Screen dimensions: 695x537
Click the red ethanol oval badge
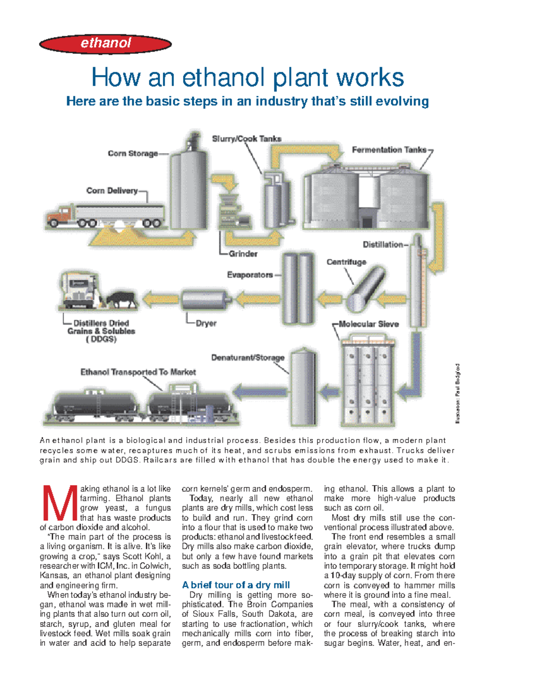(x=106, y=44)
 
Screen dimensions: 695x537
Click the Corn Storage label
(x=132, y=153)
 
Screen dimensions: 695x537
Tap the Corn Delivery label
(x=112, y=191)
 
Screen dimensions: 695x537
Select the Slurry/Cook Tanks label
(x=247, y=139)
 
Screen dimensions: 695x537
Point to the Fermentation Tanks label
(x=389, y=150)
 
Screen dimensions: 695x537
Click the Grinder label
(x=243, y=254)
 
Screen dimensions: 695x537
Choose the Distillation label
(x=383, y=244)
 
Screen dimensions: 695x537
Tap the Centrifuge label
(x=346, y=262)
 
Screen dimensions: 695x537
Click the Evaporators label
(x=250, y=275)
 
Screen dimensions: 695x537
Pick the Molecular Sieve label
(x=368, y=324)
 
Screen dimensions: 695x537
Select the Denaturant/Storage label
(x=247, y=358)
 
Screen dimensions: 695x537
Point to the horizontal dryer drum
(x=205, y=299)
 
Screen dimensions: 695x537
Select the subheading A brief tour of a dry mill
(x=236, y=585)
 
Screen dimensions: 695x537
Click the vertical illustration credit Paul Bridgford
(x=457, y=393)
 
